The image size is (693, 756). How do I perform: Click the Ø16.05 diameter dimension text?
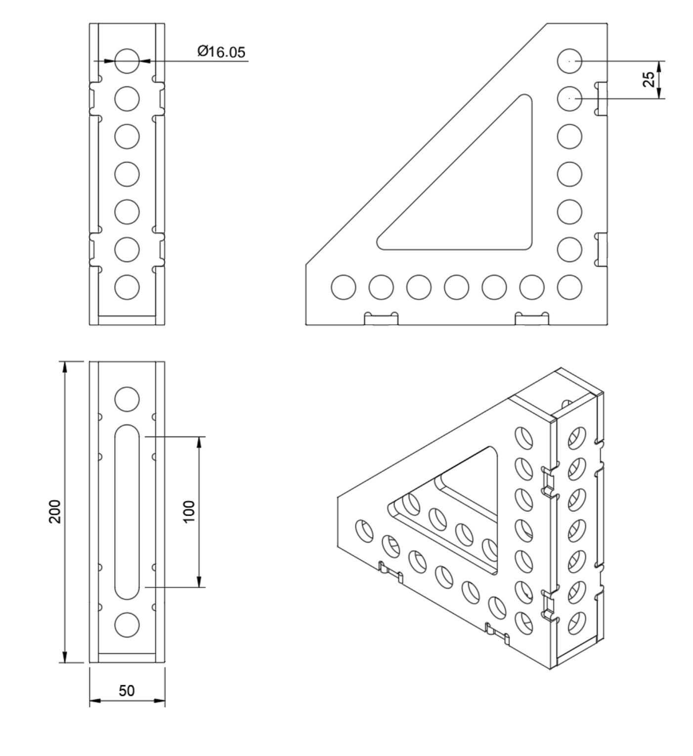pyautogui.click(x=221, y=51)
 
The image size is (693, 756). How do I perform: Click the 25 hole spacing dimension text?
pyautogui.click(x=649, y=80)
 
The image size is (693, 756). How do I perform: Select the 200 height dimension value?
pyautogui.click(x=55, y=511)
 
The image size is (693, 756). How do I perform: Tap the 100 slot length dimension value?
pyautogui.click(x=189, y=511)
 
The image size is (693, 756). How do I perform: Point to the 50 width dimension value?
pyautogui.click(x=127, y=691)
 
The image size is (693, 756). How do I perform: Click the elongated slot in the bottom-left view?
pyautogui.click(x=127, y=511)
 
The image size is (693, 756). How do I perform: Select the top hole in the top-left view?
pyautogui.click(x=127, y=61)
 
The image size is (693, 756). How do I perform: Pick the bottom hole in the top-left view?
pyautogui.click(x=127, y=287)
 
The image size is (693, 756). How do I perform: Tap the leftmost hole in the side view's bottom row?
pyautogui.click(x=344, y=287)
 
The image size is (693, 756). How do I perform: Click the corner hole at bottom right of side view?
pyautogui.click(x=569, y=287)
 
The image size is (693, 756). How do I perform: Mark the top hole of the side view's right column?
pyautogui.click(x=569, y=61)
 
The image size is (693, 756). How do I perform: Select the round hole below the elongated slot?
pyautogui.click(x=127, y=624)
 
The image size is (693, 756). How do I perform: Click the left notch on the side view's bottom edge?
pyautogui.click(x=381, y=319)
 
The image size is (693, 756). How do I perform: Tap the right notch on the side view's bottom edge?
pyautogui.click(x=532, y=319)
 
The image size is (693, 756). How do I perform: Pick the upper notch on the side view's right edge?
pyautogui.click(x=601, y=98)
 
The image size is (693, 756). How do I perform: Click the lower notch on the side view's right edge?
pyautogui.click(x=601, y=249)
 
